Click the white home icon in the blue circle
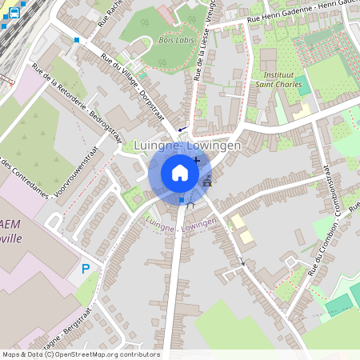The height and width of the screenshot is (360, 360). [x=180, y=173]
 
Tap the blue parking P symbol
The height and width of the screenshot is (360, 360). [x=86, y=269]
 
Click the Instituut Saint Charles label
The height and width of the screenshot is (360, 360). [x=277, y=78]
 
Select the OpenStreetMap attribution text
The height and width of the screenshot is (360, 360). [x=80, y=354]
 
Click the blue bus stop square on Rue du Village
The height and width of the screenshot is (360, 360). [x=77, y=39]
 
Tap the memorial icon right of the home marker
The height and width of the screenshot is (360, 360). [x=208, y=181]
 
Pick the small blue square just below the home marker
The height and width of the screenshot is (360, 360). [x=182, y=199]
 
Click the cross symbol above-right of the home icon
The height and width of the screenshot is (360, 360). [x=197, y=160]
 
